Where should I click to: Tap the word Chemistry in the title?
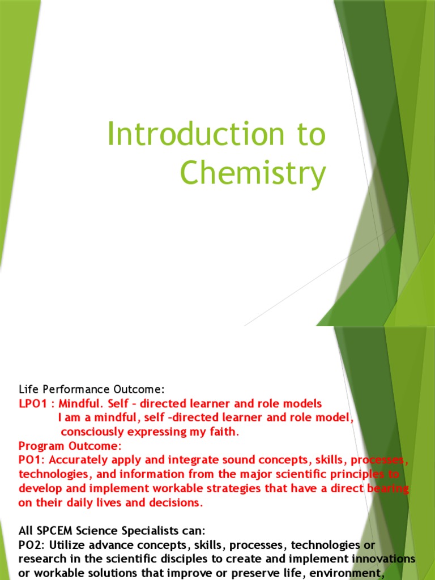tap(253, 173)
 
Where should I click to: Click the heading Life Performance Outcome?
tap(91, 390)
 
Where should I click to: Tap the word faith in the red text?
tap(224, 432)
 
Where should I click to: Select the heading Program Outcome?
tap(70, 446)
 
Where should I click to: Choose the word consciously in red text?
tap(93, 432)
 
